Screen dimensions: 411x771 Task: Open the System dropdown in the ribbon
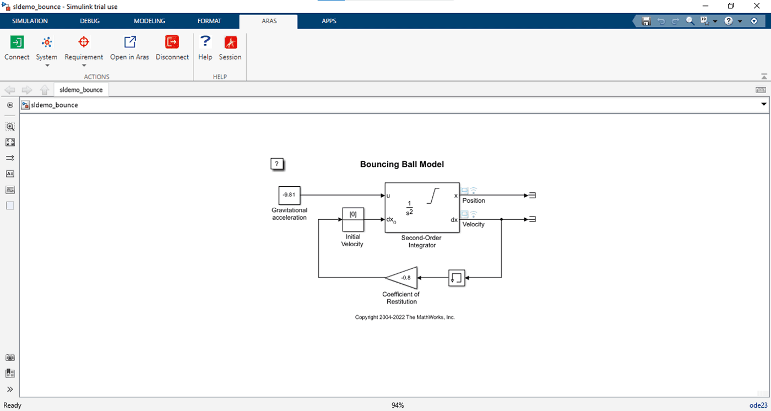tap(47, 48)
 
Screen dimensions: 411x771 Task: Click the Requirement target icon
tap(84, 42)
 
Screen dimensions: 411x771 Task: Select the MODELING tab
tap(149, 21)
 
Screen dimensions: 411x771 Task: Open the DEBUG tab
tap(90, 21)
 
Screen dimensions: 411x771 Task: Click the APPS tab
tap(329, 21)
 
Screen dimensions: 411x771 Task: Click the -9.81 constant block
tap(289, 195)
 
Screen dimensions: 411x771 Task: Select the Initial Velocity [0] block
tap(353, 219)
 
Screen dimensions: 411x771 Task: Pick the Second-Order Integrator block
tap(422, 207)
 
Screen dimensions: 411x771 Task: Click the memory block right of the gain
tap(457, 278)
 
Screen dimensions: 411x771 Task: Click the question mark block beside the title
tap(278, 164)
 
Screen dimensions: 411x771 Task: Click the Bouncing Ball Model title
tap(401, 164)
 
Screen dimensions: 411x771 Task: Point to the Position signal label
tap(474, 201)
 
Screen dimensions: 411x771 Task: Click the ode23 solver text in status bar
tap(758, 405)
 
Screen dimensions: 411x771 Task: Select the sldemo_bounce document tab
tap(81, 89)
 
